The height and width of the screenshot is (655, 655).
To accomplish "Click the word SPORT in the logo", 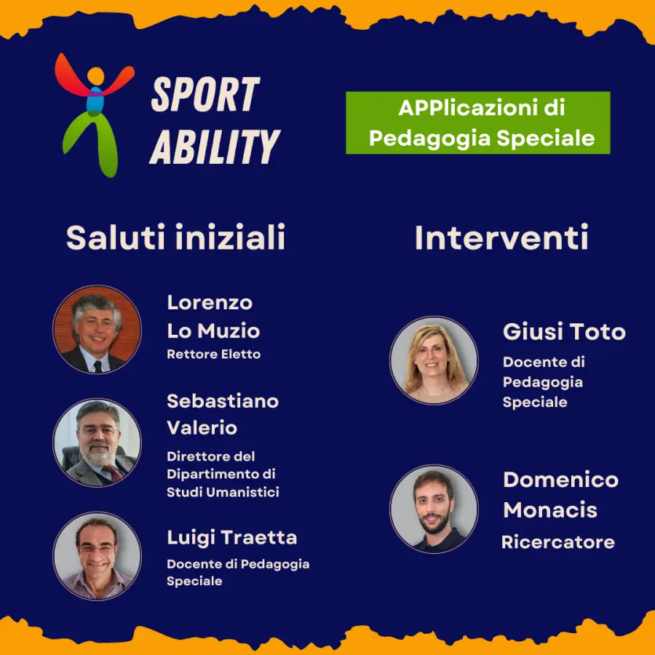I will pyautogui.click(x=205, y=95).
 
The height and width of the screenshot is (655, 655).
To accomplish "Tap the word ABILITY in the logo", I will pyautogui.click(x=215, y=146).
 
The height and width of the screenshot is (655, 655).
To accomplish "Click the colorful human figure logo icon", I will pyautogui.click(x=95, y=113).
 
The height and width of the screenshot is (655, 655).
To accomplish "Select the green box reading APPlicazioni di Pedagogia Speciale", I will pyautogui.click(x=478, y=122).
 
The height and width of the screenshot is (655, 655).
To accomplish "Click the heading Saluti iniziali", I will pyautogui.click(x=175, y=238).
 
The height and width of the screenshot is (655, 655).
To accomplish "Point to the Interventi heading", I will pyautogui.click(x=501, y=238).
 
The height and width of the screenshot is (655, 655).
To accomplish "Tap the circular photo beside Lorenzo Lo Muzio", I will pyautogui.click(x=97, y=329).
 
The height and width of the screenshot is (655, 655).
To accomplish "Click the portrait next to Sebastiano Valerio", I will pyautogui.click(x=97, y=442).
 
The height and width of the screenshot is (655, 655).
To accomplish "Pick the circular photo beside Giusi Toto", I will pyautogui.click(x=434, y=360).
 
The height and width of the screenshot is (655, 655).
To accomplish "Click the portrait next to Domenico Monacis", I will pyautogui.click(x=434, y=509).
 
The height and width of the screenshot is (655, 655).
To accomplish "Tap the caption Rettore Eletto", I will pyautogui.click(x=213, y=354).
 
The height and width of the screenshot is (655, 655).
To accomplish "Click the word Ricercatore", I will pyautogui.click(x=557, y=542).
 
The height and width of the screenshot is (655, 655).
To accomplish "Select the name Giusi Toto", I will pyautogui.click(x=564, y=332).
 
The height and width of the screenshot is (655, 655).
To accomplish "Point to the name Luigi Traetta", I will pyautogui.click(x=231, y=538).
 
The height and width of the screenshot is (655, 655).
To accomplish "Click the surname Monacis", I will pyautogui.click(x=550, y=510).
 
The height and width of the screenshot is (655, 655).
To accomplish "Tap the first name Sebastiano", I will pyautogui.click(x=223, y=401).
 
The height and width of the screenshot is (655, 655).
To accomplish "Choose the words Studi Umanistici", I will pyautogui.click(x=223, y=492).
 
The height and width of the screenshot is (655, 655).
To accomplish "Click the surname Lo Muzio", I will pyautogui.click(x=213, y=331).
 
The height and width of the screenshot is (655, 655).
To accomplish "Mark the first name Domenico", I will pyautogui.click(x=560, y=480).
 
